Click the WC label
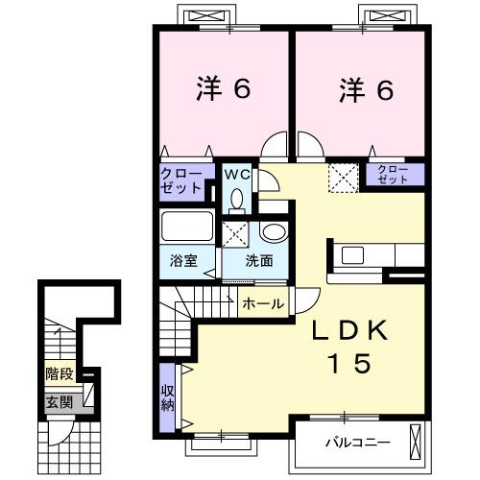coord(236,174)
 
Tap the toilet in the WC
coord(237,200)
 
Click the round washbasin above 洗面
coord(273,233)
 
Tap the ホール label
coord(262,303)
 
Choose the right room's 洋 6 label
coord(366,90)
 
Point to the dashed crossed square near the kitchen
coord(342,177)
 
